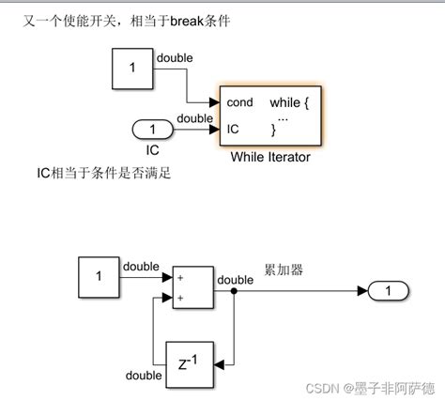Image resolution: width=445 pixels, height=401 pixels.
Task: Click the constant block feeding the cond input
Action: click(131, 69)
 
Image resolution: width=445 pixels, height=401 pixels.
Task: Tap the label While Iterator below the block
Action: click(270, 157)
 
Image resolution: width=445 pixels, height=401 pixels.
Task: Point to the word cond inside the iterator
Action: click(239, 101)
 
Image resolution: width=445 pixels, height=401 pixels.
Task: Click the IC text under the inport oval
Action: click(151, 147)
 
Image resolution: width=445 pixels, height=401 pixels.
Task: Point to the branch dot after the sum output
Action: click(235, 291)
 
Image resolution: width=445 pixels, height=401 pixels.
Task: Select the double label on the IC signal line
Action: click(195, 117)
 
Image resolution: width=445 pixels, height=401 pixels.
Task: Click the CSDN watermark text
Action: click(376, 385)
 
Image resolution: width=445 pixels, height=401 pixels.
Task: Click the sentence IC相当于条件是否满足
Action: click(92, 173)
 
